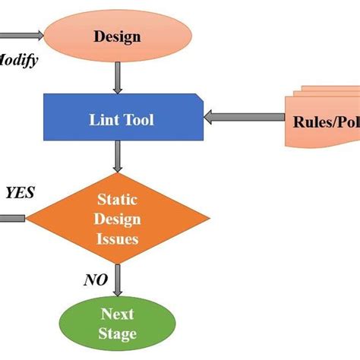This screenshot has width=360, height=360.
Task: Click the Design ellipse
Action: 118,35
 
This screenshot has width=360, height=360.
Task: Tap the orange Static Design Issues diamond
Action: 118,219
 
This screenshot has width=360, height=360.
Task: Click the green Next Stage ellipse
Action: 118,323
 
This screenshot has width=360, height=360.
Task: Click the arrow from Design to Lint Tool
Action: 118,76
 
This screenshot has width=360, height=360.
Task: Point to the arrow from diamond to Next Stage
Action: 118,280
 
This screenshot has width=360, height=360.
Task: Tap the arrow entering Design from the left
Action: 23,35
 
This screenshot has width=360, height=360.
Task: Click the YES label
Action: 20,193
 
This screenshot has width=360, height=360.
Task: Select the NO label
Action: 94,281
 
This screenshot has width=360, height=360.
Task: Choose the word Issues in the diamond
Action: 118,238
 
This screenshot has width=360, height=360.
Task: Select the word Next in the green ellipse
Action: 118,313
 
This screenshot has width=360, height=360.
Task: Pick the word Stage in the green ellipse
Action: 118,333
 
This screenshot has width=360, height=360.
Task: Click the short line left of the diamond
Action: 12,219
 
